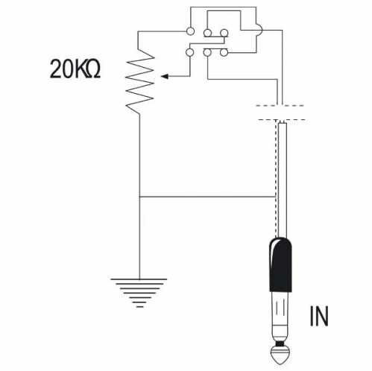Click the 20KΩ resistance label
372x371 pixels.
[x=75, y=69]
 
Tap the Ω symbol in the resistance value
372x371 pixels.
[x=93, y=69]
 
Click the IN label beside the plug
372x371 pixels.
[x=319, y=316]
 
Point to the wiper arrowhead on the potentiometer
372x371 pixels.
[x=165, y=76]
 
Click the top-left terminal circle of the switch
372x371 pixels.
[x=190, y=31]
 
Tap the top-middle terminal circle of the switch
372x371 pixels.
[x=207, y=33]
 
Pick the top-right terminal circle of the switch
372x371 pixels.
[x=224, y=33]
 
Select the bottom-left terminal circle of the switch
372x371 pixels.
[x=190, y=52]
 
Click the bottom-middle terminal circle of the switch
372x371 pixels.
[x=207, y=52]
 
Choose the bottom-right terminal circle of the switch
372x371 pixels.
[x=224, y=52]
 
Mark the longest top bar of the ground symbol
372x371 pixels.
[x=139, y=279]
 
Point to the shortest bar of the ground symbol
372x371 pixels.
[x=140, y=307]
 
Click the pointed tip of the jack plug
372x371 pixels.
[x=280, y=364]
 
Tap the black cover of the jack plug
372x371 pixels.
[x=281, y=264]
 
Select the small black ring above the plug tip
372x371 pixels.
[x=280, y=344]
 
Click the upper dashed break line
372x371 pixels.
[x=280, y=106]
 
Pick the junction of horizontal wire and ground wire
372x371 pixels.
[x=139, y=197]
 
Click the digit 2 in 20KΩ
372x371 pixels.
[x=56, y=69]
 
